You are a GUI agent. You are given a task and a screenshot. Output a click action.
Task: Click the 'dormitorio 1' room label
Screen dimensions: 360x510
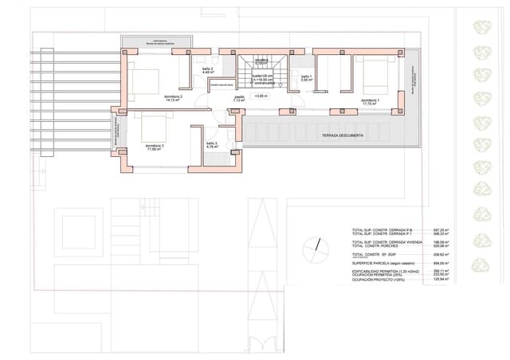pos(369,100)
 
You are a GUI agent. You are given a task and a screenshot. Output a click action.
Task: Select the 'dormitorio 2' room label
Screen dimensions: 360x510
pos(174,96)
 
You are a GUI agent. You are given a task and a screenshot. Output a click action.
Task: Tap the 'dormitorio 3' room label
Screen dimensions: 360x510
pos(155,146)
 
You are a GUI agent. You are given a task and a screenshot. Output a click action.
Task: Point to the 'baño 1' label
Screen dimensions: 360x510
pos(305,76)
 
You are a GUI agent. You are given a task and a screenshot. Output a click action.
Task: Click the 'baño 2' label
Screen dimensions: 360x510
pos(207,68)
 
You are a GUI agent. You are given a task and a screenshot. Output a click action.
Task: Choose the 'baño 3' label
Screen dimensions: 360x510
pos(211,143)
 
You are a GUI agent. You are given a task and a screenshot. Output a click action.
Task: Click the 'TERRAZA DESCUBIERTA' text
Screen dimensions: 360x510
pos(343,136)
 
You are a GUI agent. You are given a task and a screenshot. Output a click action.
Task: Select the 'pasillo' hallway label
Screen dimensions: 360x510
pos(239,97)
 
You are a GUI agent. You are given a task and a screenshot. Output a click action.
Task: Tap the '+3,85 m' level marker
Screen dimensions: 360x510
pos(261,96)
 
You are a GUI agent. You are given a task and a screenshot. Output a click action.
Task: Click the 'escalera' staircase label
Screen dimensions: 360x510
pos(261,61)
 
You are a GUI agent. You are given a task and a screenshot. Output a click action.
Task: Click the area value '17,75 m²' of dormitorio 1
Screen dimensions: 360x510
pos(369,104)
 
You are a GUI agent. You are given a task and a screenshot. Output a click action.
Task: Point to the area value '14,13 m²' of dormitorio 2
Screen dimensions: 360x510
pos(174,100)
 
